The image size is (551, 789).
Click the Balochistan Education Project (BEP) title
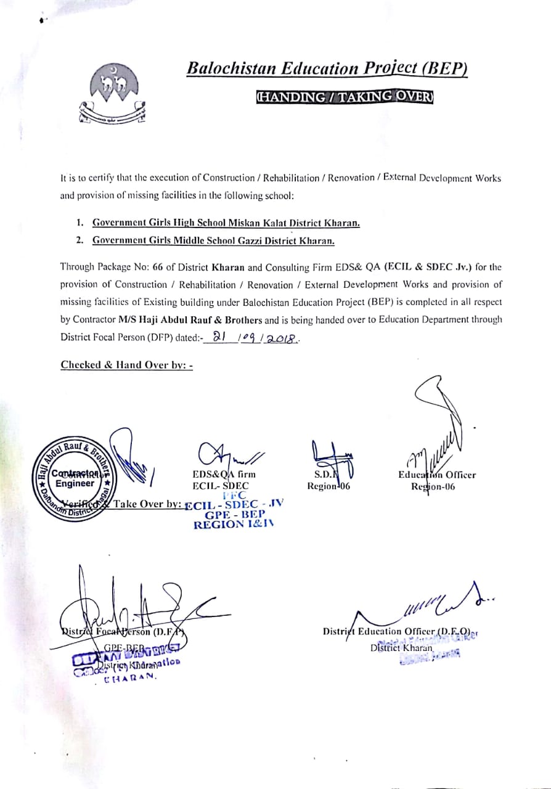pyautogui.click(x=327, y=68)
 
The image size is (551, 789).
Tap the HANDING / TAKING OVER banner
pyautogui.click(x=345, y=97)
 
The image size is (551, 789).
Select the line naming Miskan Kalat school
pyautogui.click(x=226, y=223)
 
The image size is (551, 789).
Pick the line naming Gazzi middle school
pyautogui.click(x=213, y=241)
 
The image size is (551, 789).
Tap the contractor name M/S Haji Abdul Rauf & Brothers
pyautogui.click(x=190, y=320)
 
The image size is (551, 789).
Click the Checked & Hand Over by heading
pyautogui.click(x=127, y=365)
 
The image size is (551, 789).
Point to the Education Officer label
pyautogui.click(x=437, y=475)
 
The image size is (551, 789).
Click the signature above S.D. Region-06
pyautogui.click(x=330, y=457)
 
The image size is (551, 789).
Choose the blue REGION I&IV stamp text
pyautogui.click(x=234, y=525)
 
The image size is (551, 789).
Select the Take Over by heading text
pyautogui.click(x=147, y=504)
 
